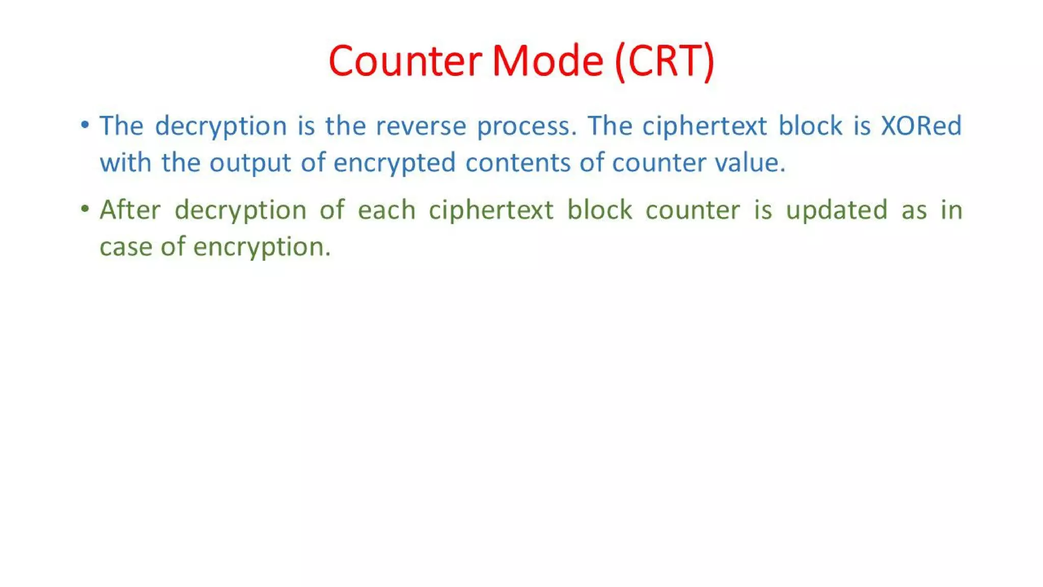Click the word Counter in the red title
click(405, 61)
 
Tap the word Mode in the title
click(547, 61)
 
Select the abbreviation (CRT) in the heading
click(665, 61)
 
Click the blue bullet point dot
click(85, 125)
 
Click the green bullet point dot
click(85, 209)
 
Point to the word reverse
click(421, 126)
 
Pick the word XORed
click(921, 126)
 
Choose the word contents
click(517, 163)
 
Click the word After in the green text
click(130, 210)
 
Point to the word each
click(387, 210)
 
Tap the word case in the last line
click(125, 247)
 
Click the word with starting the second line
click(125, 163)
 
